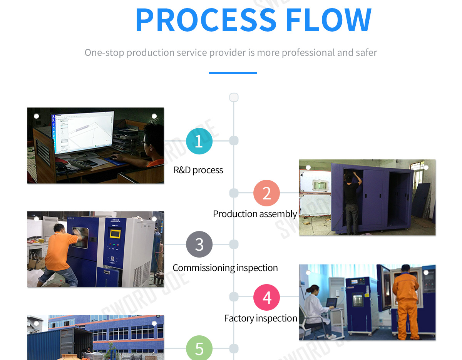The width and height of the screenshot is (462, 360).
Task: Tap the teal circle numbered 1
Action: point(199,141)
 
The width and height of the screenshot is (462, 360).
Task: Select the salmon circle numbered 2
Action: point(266,193)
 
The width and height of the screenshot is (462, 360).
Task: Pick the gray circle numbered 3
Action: point(199,244)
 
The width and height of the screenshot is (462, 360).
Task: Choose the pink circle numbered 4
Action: point(266,297)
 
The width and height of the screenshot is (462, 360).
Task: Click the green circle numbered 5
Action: point(199,348)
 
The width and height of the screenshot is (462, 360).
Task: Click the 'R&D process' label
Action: point(198,170)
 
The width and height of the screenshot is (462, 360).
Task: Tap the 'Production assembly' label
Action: point(255,214)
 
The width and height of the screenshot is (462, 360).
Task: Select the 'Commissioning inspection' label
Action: point(225,268)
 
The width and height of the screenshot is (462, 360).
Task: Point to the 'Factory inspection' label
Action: point(261,318)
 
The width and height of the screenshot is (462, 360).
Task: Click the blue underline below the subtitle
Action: point(233,73)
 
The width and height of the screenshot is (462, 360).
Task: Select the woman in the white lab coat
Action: point(314,308)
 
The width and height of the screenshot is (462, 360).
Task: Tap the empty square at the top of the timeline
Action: point(234,97)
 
